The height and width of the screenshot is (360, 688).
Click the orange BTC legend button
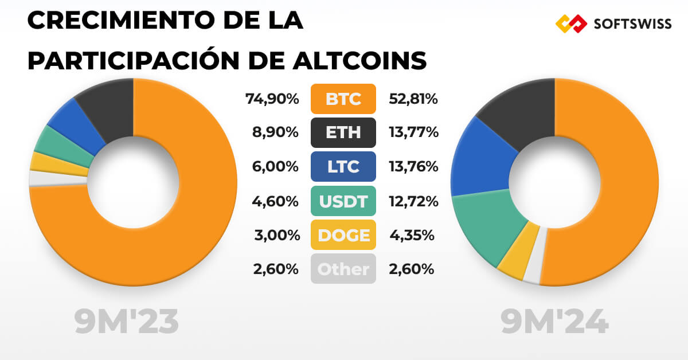(x=343, y=99)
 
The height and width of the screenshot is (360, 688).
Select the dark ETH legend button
(x=343, y=132)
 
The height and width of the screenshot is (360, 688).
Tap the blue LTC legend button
(x=343, y=167)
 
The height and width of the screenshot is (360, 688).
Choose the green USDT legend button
(x=343, y=201)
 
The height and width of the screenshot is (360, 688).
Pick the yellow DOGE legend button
(x=343, y=235)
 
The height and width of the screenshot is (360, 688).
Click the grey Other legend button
(x=343, y=269)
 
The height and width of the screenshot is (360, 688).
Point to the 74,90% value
(x=272, y=99)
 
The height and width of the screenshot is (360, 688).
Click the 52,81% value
(x=413, y=99)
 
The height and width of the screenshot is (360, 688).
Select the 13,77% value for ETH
(x=413, y=133)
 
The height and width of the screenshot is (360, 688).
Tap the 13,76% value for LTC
(x=413, y=167)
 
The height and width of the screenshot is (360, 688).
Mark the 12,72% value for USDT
(x=413, y=201)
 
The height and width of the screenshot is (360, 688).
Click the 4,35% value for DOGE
(x=411, y=235)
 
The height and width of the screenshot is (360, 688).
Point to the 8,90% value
(x=276, y=133)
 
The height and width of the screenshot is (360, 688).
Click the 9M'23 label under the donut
(x=127, y=323)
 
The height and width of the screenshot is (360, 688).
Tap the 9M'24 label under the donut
(x=554, y=323)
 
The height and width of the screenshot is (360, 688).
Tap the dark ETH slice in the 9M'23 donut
(x=107, y=111)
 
